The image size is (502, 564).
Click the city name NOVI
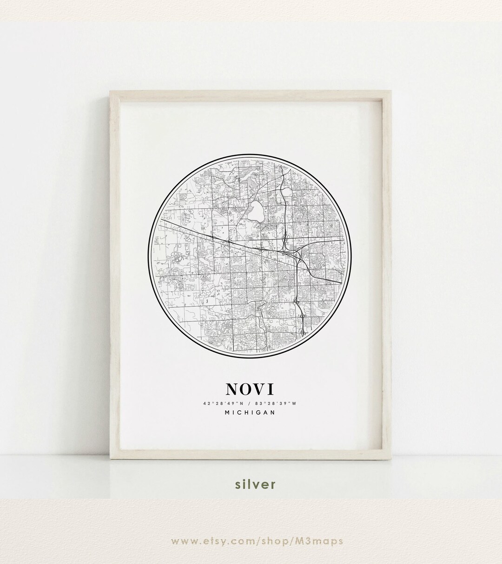coord(250,389)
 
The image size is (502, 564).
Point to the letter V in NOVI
coord(263,389)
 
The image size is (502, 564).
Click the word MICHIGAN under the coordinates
coord(251,412)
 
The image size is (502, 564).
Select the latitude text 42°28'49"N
coord(223,402)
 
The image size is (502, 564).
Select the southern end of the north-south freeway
coord(303,332)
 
